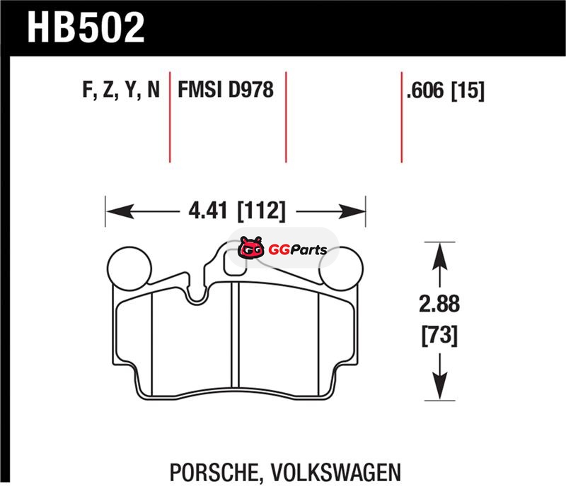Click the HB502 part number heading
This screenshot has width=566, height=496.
coord(86,28)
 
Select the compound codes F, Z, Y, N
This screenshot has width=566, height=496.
coord(121,90)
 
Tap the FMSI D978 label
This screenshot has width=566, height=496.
coord(226,90)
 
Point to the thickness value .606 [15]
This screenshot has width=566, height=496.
coord(445,90)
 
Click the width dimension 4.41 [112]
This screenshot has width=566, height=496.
coord(237,211)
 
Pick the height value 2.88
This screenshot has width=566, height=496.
coord(439,304)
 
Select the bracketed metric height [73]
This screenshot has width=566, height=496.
coord(439,335)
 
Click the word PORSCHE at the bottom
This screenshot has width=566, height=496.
coord(214,472)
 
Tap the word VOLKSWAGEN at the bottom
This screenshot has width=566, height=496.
coord(335,472)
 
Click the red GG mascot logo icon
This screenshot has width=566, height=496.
coord(250,247)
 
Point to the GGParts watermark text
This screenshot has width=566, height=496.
coord(298,249)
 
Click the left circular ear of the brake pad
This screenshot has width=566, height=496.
coord(129,268)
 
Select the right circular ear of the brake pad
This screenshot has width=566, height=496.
coord(342,268)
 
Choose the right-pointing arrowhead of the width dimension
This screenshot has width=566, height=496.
coord(352,211)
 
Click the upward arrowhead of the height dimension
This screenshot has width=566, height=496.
coord(439,256)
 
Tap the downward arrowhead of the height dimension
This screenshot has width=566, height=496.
coord(439,386)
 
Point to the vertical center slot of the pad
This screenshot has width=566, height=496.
coord(235,335)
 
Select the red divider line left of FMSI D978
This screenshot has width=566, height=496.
coord(170,117)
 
